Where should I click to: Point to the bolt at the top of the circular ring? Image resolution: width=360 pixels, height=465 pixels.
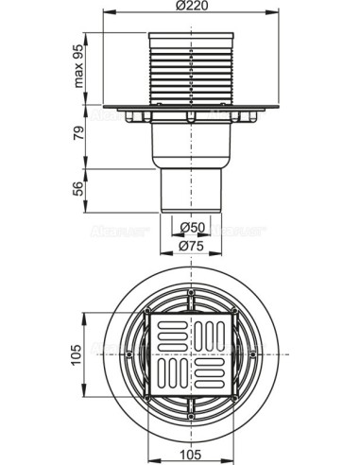(192, 294)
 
